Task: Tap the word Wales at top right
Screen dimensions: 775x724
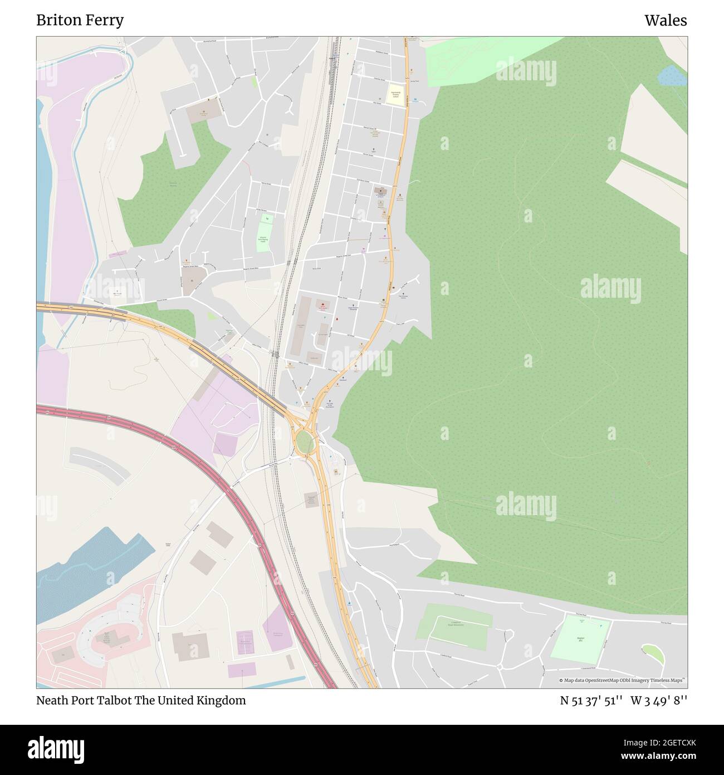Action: click(x=666, y=21)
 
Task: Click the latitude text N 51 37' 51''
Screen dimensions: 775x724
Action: click(x=591, y=701)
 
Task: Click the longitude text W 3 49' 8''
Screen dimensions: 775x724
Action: click(x=659, y=701)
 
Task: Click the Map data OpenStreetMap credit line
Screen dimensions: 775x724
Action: click(x=622, y=680)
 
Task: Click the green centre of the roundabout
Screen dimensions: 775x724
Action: click(x=305, y=442)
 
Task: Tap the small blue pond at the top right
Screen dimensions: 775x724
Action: click(x=671, y=75)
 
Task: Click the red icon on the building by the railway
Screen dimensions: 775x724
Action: click(x=322, y=304)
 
